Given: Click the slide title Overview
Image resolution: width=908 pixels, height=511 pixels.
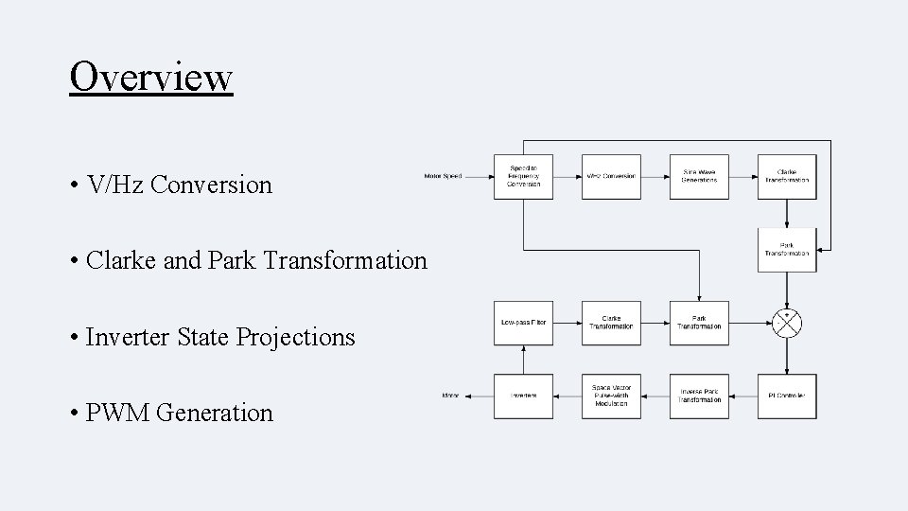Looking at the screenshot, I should [x=150, y=76].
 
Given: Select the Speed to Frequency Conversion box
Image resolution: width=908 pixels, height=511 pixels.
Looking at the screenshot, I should [x=523, y=176].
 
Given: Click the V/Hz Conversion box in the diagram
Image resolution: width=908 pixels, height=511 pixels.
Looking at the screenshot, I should [x=610, y=176].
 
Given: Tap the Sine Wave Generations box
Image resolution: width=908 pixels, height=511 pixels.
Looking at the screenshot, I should [x=699, y=176].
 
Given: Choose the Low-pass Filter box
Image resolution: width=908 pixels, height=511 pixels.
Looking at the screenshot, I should [x=523, y=324].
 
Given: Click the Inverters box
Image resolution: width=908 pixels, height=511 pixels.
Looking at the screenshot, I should [x=523, y=396].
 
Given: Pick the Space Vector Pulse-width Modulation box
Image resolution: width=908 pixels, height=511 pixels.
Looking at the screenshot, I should [x=610, y=396].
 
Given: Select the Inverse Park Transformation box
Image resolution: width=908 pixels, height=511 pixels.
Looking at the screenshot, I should [x=699, y=396].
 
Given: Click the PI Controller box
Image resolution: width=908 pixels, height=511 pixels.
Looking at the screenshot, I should [x=787, y=396].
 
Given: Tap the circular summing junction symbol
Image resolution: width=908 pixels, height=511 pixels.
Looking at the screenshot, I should [x=787, y=324].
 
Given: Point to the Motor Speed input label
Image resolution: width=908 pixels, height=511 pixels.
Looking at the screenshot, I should [x=443, y=176].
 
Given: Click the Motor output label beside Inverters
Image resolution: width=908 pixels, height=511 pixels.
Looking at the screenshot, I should [x=450, y=396].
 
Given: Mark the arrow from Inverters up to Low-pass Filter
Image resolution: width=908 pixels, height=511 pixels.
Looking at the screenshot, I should [x=523, y=360].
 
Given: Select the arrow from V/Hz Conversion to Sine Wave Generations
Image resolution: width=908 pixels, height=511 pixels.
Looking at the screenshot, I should [x=655, y=176].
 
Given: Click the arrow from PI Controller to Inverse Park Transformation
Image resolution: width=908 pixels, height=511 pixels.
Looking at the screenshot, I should [x=742, y=396].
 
